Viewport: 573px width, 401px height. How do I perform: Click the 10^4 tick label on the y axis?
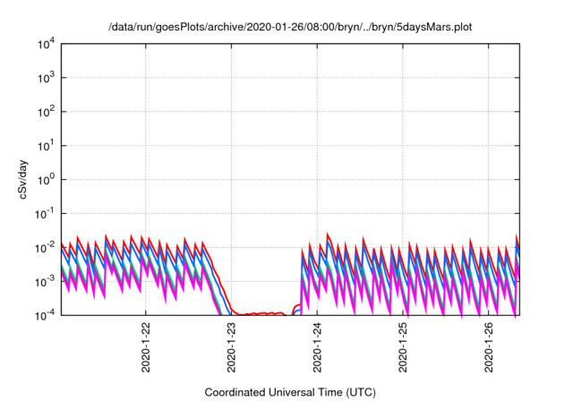(x=46, y=45)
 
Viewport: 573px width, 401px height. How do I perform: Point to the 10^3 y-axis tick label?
(x=46, y=78)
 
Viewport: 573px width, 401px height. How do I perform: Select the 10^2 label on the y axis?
(x=46, y=112)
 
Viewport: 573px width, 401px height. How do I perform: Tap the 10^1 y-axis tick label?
(x=46, y=146)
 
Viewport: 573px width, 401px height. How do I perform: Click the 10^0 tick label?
(x=46, y=180)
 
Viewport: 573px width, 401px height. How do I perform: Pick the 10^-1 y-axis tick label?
(x=46, y=214)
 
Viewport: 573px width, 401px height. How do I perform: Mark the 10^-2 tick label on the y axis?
(x=46, y=248)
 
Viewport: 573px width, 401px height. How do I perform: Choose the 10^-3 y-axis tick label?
(x=46, y=282)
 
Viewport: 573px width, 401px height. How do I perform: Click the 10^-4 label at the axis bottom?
(x=46, y=315)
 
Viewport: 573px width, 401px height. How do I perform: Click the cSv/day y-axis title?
(x=23, y=179)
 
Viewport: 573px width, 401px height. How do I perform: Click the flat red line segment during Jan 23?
(x=261, y=313)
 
